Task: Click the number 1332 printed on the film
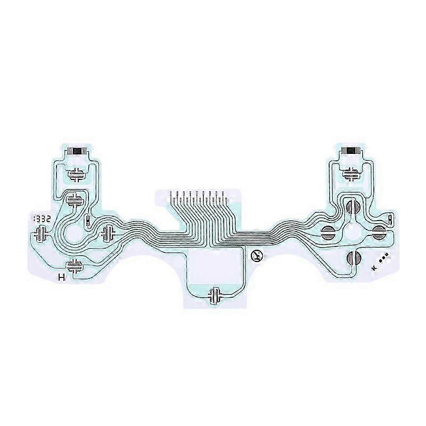[42, 219]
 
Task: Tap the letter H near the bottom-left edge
[61, 277]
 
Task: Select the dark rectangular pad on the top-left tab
[77, 151]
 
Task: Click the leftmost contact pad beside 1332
[40, 233]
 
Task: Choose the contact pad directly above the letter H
[74, 265]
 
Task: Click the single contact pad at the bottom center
[216, 295]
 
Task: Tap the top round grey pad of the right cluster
[350, 206]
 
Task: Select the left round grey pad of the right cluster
[329, 232]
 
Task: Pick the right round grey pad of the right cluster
[379, 231]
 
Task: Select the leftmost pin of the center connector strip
[171, 197]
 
